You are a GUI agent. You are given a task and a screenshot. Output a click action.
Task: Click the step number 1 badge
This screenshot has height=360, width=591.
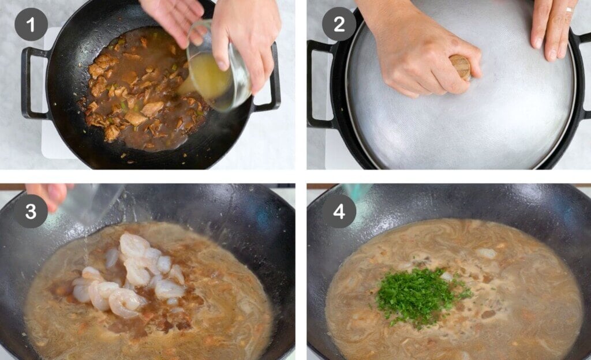point(30,25)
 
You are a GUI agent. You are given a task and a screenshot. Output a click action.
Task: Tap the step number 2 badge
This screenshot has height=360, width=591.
point(338,25)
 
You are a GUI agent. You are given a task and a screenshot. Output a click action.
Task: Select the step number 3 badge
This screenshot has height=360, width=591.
point(30,211)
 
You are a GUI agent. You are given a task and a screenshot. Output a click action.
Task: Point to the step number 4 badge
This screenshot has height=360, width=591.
point(339,211)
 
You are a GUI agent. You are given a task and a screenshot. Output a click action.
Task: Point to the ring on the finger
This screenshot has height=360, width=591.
point(569,10)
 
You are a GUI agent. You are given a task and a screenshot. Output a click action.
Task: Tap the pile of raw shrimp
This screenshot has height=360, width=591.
point(130,277)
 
